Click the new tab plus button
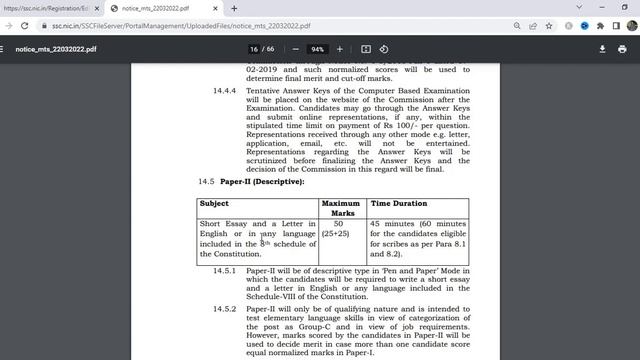235,8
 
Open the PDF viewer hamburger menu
8,48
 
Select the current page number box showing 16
254,49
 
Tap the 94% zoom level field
318,49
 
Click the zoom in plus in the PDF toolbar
340,49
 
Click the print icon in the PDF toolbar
623,49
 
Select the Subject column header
214,203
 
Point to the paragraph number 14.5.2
226,309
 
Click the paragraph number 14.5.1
226,270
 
